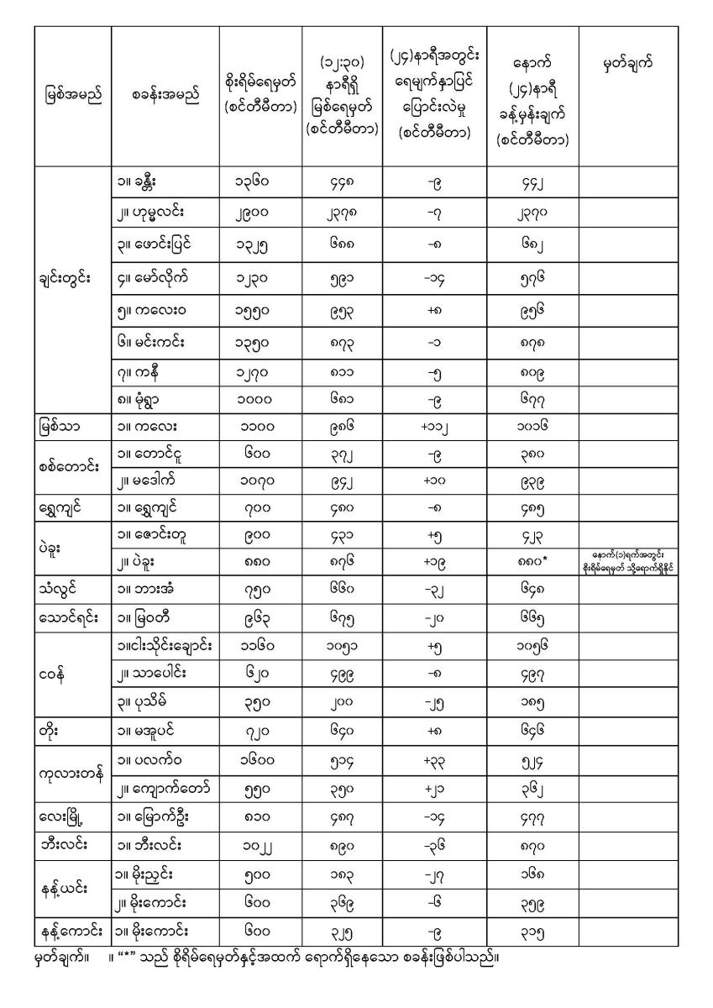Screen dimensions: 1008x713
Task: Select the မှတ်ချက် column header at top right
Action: tap(628, 63)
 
